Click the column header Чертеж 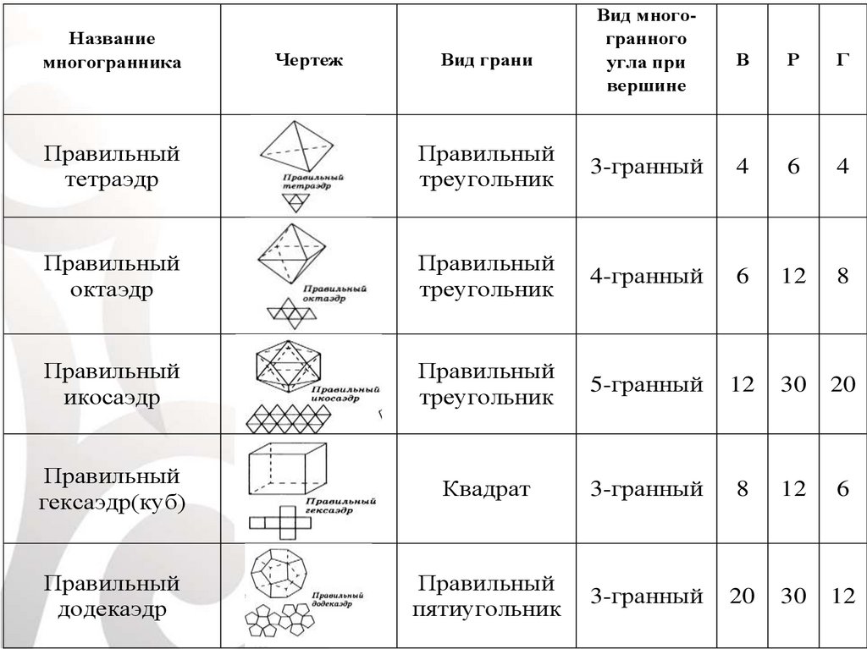[x=309, y=61]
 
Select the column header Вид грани [x=486, y=61]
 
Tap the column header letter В [x=743, y=61]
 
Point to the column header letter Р [x=793, y=61]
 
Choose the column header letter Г [x=842, y=61]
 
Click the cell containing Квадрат [x=486, y=489]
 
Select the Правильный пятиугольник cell [x=486, y=597]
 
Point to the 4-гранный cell [x=647, y=276]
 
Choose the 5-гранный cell [x=647, y=385]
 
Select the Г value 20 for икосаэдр [x=842, y=385]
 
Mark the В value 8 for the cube [x=743, y=489]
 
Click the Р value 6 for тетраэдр [x=793, y=167]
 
